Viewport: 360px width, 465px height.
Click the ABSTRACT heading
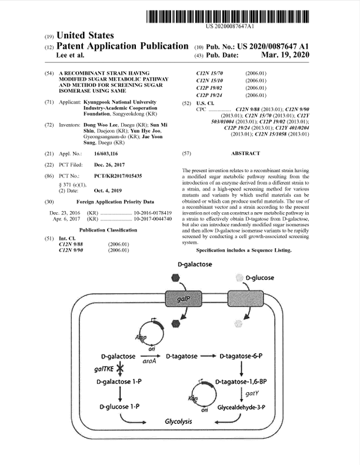coord(246,153)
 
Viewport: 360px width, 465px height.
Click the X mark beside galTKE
coord(120,369)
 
